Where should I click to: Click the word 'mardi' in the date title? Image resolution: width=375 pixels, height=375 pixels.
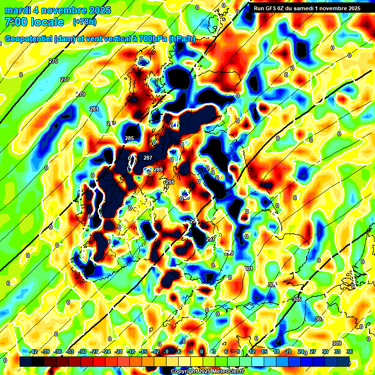[18, 10]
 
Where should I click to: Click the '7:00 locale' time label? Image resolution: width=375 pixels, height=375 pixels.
[34, 22]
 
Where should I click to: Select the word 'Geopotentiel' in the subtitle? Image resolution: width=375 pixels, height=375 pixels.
[29, 39]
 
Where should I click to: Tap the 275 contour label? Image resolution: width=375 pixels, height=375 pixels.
[53, 61]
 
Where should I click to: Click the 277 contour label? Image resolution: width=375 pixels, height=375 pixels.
[65, 80]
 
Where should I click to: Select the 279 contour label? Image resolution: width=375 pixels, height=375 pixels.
[81, 94]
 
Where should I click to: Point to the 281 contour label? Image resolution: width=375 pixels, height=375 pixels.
[94, 109]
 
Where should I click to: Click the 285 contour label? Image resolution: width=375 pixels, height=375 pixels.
[129, 139]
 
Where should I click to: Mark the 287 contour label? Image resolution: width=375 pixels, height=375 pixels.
[148, 158]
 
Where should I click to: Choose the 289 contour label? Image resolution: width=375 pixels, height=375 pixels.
[158, 169]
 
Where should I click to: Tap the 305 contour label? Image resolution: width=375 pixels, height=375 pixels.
[297, 299]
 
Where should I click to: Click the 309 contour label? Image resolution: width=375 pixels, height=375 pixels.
[336, 343]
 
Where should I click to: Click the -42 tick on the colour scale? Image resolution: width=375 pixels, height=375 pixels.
[33, 352]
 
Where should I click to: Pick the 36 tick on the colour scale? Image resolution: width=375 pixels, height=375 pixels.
[349, 352]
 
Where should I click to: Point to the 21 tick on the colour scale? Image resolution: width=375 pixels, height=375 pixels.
[288, 352]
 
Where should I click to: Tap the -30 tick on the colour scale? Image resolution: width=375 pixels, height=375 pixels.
[82, 352]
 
